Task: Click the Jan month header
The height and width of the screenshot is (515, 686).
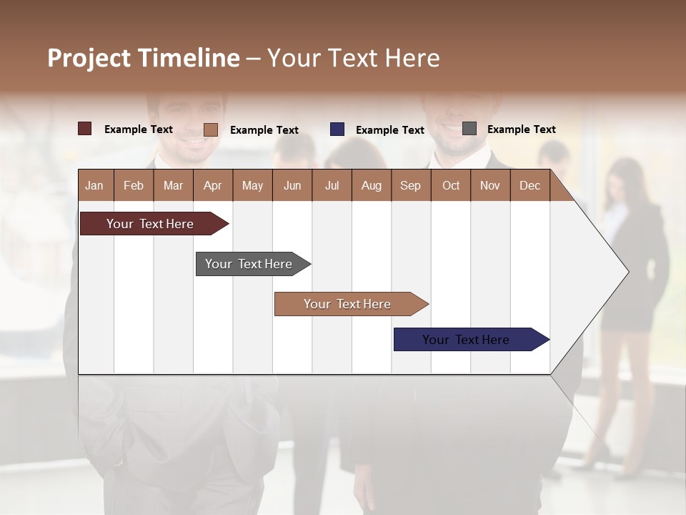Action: tap(94, 185)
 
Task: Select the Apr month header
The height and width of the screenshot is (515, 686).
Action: tap(212, 185)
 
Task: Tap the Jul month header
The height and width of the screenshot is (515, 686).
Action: tap(332, 185)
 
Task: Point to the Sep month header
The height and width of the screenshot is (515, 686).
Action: tap(410, 185)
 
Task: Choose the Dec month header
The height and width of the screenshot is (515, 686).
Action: tap(530, 185)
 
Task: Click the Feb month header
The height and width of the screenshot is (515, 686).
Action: tap(134, 185)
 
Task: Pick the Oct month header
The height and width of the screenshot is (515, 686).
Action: tap(451, 185)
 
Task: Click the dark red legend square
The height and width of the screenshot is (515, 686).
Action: tap(85, 129)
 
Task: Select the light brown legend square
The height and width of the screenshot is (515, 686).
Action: tap(211, 129)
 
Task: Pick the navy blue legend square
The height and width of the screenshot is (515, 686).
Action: tap(337, 129)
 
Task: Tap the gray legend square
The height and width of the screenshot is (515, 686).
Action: tap(469, 129)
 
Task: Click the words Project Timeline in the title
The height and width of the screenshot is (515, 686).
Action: tap(144, 58)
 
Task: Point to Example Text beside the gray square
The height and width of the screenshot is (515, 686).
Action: tap(521, 129)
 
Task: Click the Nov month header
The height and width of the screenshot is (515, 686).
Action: tap(490, 185)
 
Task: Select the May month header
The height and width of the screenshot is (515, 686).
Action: tap(252, 185)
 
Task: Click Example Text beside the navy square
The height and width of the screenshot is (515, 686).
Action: tap(389, 130)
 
